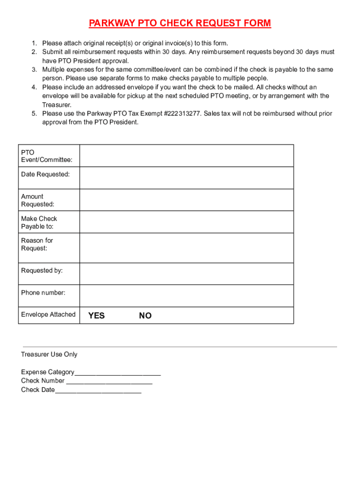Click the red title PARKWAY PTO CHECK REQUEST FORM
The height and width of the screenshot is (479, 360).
point(180,23)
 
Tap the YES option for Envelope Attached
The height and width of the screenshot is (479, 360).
point(96,316)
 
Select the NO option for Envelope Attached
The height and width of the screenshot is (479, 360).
point(145,316)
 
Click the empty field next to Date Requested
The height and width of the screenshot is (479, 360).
point(187,178)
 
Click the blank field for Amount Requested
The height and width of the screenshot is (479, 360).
point(187,200)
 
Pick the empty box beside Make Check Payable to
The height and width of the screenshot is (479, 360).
point(187,222)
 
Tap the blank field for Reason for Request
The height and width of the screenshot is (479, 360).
point(187,248)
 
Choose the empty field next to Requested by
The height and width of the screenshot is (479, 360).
point(187,274)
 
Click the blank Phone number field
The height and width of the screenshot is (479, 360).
point(187,296)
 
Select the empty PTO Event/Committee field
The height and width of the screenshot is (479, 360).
point(187,156)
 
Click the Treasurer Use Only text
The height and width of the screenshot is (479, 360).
point(49,355)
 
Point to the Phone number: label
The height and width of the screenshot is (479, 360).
point(43,293)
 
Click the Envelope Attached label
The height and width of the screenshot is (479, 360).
point(48,314)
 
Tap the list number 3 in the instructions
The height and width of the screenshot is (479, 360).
point(34,70)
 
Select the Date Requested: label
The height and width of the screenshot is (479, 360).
point(45,174)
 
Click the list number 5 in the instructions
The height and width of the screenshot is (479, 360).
point(34,114)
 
